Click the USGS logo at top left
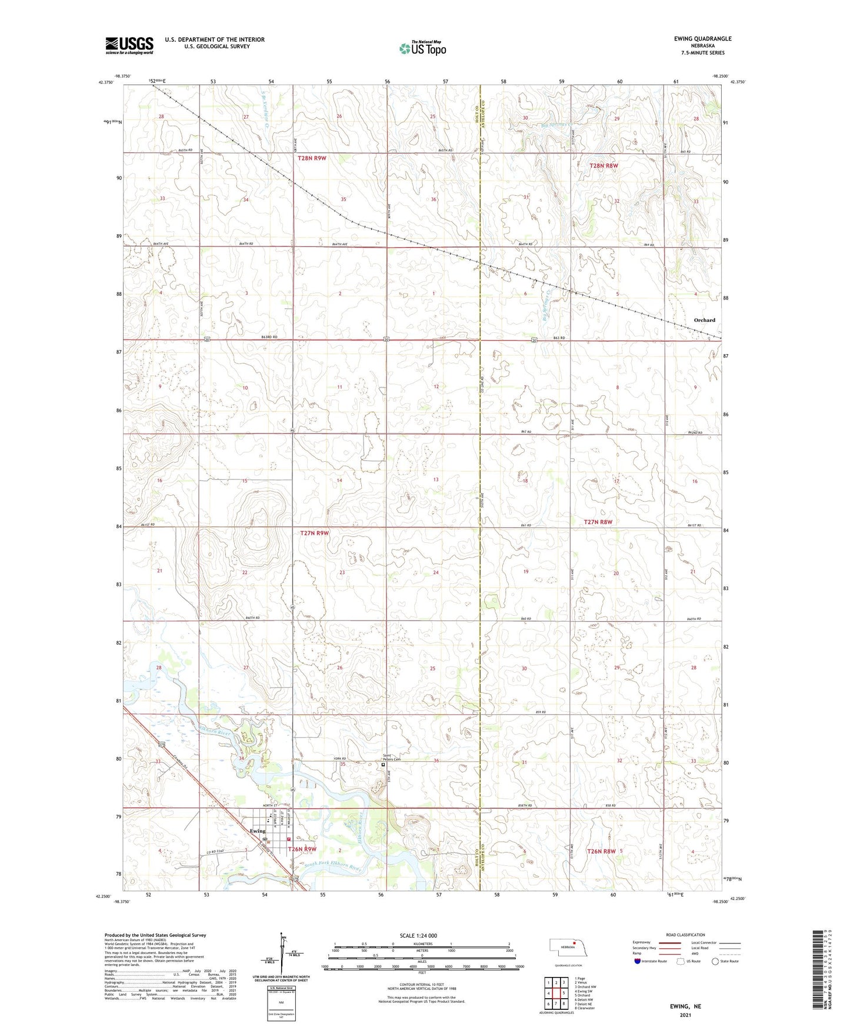pos(129,45)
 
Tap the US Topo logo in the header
pos(422,48)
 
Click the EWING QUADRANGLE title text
pos(702,39)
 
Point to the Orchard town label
pos(704,320)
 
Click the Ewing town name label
pos(257,831)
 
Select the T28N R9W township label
pos(312,158)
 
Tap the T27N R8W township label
pos(598,522)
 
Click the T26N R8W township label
pos(601,851)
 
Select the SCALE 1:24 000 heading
pos(418,935)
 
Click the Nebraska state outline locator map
pos(568,948)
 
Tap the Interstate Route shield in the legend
pos(638,961)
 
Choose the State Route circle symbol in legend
pos(715,961)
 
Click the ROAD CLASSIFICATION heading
pos(685,935)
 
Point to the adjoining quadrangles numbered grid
pos(555,995)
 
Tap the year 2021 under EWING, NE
pos(685,1015)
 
